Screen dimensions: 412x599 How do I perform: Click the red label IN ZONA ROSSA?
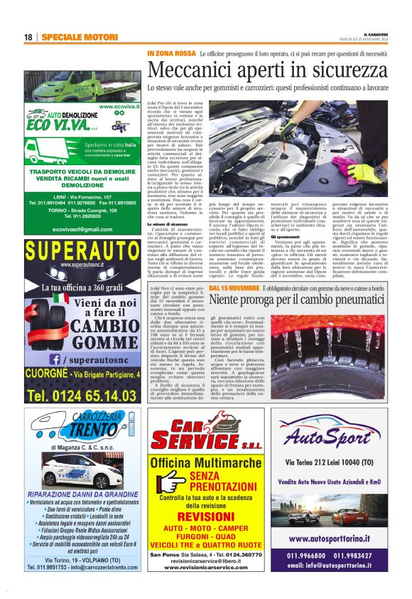coord(170,53)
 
